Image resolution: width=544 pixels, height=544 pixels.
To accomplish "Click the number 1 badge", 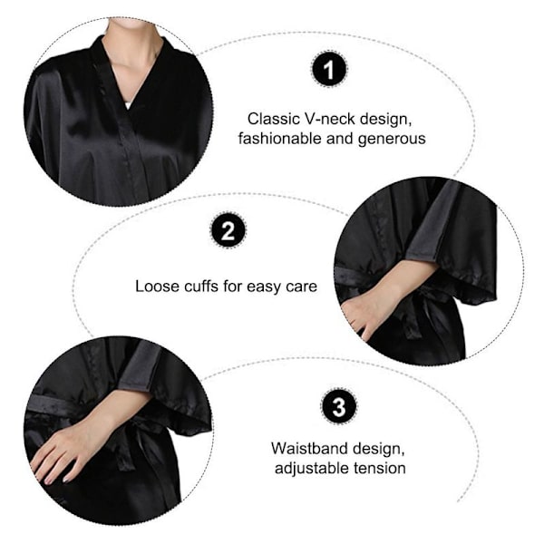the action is click(328, 69).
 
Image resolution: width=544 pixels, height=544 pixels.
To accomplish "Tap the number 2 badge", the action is click(228, 229).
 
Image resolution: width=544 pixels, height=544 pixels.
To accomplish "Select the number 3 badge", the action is click(338, 405).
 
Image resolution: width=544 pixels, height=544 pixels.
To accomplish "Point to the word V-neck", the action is click(330, 119).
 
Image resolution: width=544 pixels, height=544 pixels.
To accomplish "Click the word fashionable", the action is click(279, 139).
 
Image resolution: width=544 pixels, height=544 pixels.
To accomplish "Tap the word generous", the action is click(392, 139).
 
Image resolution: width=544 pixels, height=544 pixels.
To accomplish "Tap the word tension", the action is click(380, 469).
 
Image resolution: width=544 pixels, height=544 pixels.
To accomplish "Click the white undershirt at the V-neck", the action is click(129, 104).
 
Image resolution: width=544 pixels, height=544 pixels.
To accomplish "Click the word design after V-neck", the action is click(385, 120).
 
